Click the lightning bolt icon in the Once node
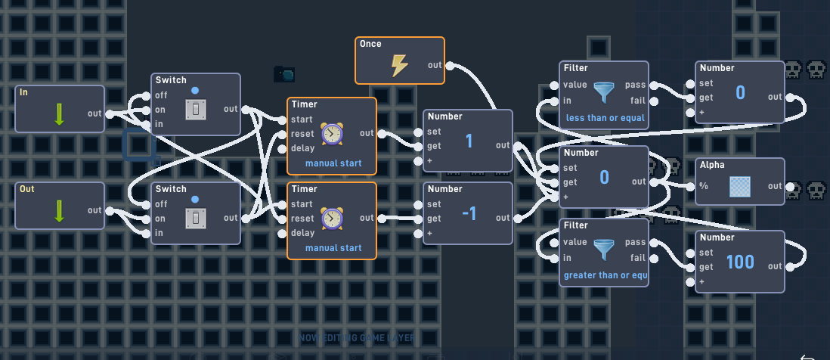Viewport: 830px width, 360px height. (x=399, y=65)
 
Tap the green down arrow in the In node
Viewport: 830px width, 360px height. (x=59, y=114)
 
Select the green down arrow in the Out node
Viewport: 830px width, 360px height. (x=59, y=210)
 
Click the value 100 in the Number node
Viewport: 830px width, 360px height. (x=740, y=262)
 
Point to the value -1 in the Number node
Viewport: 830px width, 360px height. (x=469, y=214)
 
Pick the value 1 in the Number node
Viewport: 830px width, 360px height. (x=469, y=141)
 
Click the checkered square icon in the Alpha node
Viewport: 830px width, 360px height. (x=740, y=186)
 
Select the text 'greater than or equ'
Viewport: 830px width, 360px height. (x=605, y=275)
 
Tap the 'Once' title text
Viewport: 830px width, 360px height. (x=370, y=45)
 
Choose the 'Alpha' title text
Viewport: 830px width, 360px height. (x=712, y=164)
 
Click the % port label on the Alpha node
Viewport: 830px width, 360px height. (x=704, y=186)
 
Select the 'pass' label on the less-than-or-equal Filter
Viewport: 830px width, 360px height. (x=636, y=86)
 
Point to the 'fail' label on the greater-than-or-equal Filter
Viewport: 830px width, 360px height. (x=637, y=258)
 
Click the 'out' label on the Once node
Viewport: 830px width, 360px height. (x=435, y=65)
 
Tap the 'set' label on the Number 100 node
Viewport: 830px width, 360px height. (x=706, y=253)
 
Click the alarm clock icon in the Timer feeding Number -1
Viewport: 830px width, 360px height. (x=331, y=218)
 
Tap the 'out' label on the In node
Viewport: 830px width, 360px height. (x=94, y=114)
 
